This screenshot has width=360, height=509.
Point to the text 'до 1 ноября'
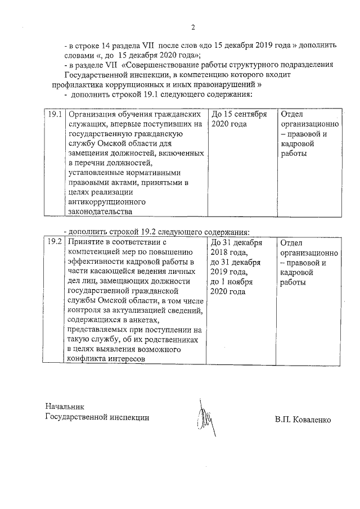tap(231, 282)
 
